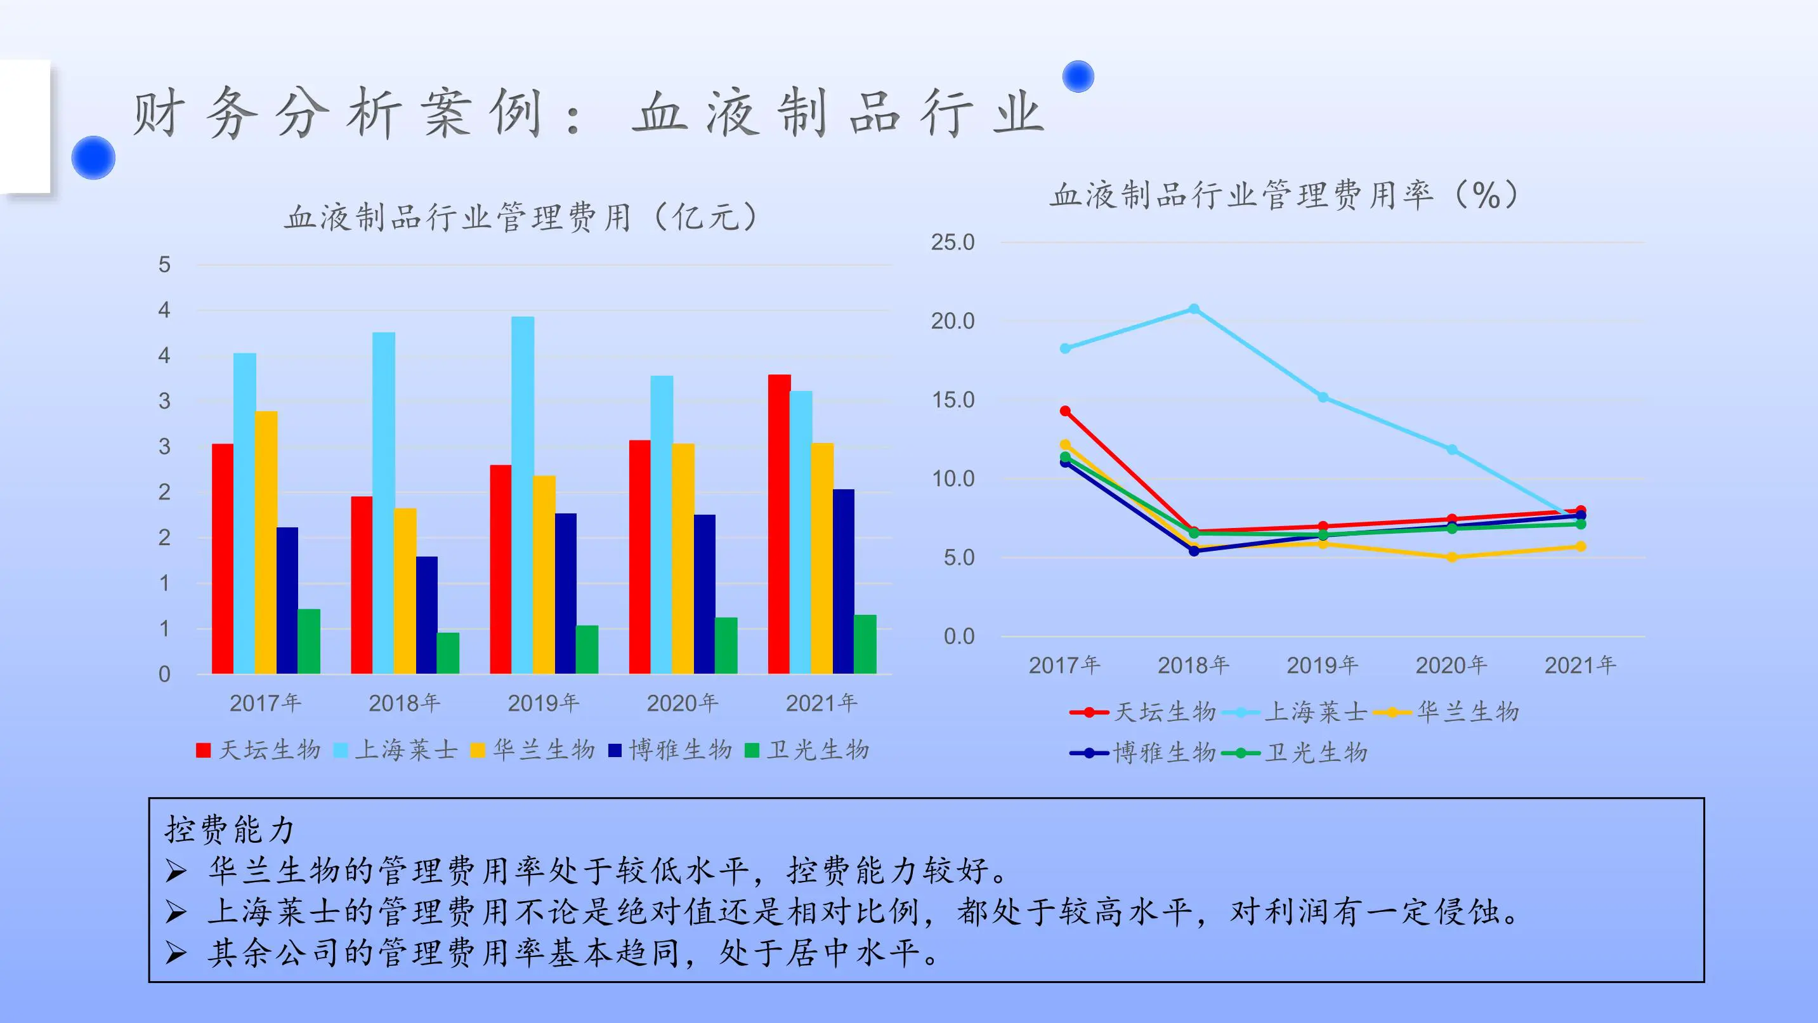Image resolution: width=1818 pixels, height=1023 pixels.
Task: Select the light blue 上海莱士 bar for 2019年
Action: pos(522,494)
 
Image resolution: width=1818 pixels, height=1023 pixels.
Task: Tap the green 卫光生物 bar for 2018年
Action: pos(447,653)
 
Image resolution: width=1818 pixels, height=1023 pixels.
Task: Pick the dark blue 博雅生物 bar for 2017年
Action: pos(287,600)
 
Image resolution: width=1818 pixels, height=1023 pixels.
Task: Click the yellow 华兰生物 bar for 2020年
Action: pos(683,558)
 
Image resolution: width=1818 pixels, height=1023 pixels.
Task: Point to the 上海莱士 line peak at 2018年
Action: pos(1193,309)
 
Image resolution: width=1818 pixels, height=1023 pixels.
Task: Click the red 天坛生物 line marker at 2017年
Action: pos(1065,411)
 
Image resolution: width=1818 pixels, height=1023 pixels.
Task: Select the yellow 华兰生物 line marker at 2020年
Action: pos(1452,557)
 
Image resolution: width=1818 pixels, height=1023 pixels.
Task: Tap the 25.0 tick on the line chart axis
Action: pos(952,242)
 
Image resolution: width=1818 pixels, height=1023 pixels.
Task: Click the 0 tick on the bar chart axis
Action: pos(164,674)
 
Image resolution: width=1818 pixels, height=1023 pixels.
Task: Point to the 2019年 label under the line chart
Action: pos(1322,665)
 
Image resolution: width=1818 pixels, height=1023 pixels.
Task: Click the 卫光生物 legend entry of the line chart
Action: pos(1298,753)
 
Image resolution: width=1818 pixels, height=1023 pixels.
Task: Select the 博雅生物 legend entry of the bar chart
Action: pos(670,749)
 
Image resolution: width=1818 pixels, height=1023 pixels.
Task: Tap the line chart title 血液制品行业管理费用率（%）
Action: pos(1285,195)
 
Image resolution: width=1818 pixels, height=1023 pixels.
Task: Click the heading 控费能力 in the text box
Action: pos(230,829)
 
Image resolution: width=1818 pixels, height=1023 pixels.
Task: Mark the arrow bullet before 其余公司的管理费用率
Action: pos(176,954)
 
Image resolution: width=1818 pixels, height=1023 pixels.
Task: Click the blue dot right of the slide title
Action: pos(1078,76)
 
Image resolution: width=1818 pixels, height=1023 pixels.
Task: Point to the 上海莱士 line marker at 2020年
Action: pos(1452,450)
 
